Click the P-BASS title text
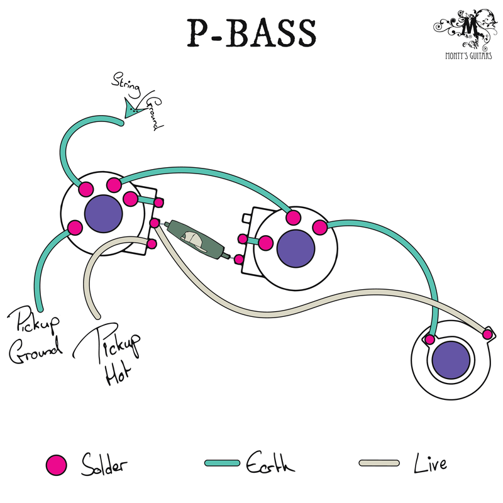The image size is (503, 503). [x=251, y=32]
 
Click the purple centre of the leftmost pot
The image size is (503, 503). [x=103, y=213]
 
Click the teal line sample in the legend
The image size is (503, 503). [x=223, y=463]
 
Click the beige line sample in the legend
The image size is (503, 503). [x=379, y=463]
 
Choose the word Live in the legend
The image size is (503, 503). [x=431, y=464]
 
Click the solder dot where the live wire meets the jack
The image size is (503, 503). [x=487, y=333]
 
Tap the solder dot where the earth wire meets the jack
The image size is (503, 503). [x=430, y=340]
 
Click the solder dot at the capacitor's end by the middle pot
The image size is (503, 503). [x=239, y=258]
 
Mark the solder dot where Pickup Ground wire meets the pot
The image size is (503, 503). [x=74, y=227]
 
